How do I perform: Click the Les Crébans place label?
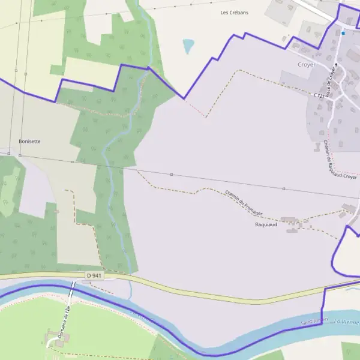click(235, 12)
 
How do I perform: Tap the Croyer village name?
click(306, 64)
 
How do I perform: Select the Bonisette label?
click(29, 142)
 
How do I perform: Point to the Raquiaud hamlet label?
click(266, 224)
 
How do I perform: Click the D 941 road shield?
click(94, 275)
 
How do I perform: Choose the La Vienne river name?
click(347, 322)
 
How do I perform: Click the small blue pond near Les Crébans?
click(189, 46)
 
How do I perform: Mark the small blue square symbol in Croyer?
click(343, 34)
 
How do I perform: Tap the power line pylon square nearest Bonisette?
click(19, 155)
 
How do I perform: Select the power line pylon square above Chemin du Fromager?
click(171, 175)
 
